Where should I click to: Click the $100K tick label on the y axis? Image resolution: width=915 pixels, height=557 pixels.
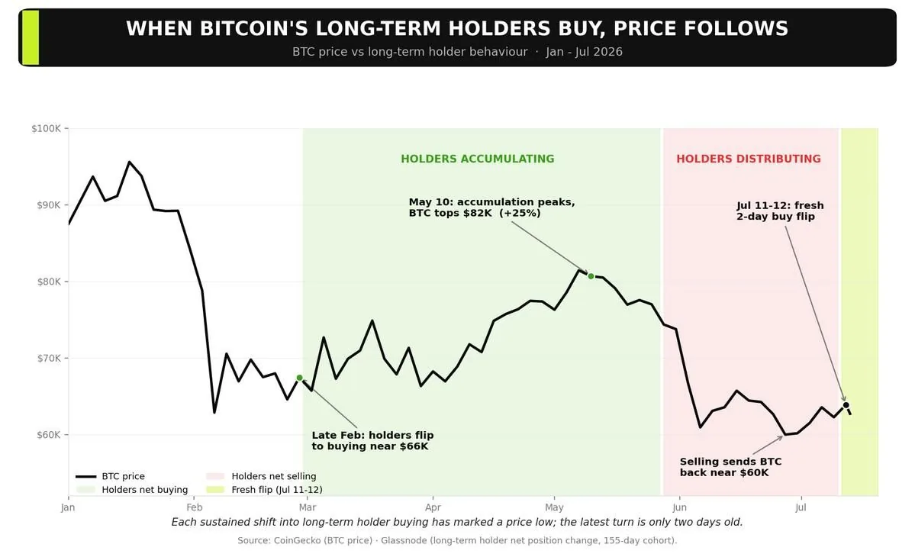click(x=46, y=128)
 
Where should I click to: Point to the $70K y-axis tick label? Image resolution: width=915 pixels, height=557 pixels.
click(x=48, y=358)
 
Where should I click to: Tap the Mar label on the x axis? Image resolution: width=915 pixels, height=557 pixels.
click(x=308, y=507)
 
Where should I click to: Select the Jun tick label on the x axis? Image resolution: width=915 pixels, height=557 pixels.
click(x=680, y=507)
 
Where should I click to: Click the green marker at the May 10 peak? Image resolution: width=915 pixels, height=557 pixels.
click(x=591, y=276)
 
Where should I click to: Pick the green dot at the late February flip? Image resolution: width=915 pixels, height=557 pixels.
click(x=300, y=378)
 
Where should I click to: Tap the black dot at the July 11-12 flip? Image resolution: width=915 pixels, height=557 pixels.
click(x=846, y=404)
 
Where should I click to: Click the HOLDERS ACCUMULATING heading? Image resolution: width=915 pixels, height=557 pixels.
click(x=477, y=159)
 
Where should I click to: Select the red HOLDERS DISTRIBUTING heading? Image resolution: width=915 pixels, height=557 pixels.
click(x=749, y=159)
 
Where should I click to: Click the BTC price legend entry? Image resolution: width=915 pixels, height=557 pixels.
click(x=111, y=476)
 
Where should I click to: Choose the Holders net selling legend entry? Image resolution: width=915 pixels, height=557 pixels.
click(x=261, y=476)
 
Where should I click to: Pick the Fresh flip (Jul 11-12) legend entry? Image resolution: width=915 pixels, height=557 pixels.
click(x=264, y=489)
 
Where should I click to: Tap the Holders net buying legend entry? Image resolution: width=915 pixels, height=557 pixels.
click(x=132, y=489)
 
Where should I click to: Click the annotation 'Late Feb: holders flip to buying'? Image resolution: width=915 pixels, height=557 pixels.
click(x=372, y=440)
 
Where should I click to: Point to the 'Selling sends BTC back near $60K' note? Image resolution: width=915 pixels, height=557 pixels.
click(x=730, y=467)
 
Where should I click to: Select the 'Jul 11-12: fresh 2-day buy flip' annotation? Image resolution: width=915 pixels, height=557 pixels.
click(x=780, y=211)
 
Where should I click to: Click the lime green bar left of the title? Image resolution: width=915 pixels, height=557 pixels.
click(x=31, y=37)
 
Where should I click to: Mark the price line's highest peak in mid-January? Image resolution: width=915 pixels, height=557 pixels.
click(x=129, y=163)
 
